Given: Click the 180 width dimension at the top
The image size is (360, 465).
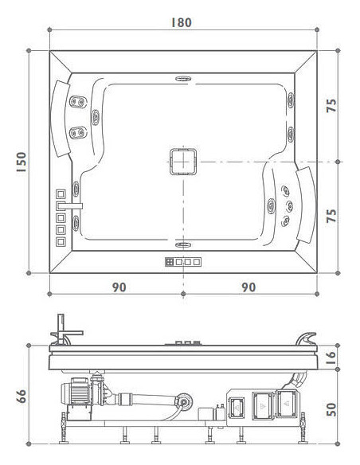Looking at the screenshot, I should pos(182,22).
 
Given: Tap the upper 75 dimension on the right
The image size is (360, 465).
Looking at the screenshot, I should pos(333,105).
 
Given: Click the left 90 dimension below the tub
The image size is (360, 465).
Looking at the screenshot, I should pos(119,287).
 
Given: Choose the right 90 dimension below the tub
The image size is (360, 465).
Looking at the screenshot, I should pos(248,287).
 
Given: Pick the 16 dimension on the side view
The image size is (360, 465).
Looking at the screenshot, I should pos(333,358).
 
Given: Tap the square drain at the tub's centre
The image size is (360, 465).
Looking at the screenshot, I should pos(183,162).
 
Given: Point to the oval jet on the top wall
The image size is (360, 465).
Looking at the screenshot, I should pos(183,79).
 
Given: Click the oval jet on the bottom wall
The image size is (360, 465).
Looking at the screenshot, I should pos(183,244).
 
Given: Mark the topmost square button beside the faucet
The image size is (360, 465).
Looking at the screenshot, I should pos(61,193).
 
